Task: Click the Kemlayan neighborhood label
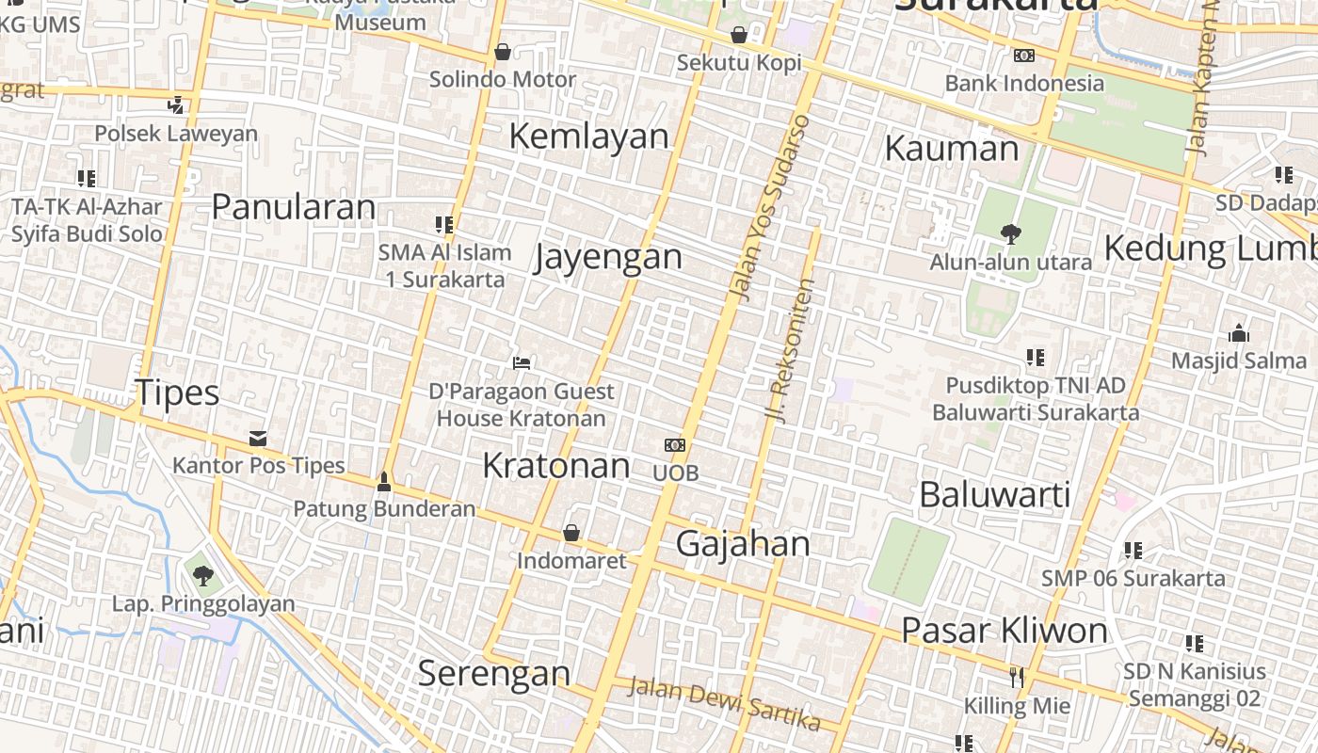point(588,136)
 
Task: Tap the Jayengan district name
point(608,256)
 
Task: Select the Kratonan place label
point(555,465)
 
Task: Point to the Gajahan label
point(743,544)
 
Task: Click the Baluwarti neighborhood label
point(994,494)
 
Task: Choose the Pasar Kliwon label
point(1004,631)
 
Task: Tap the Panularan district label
point(293,206)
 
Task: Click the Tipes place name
point(177,393)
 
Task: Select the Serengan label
point(493,673)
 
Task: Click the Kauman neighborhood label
point(952,149)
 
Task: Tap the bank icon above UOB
point(675,445)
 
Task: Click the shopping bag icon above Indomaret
point(571,534)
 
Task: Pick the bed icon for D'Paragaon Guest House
point(522,363)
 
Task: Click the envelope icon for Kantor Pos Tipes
point(258,439)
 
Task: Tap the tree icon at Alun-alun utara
point(1010,233)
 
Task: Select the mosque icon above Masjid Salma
point(1239,333)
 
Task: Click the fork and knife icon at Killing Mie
point(1016,677)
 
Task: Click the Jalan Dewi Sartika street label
point(723,704)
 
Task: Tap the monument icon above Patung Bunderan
point(383,482)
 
